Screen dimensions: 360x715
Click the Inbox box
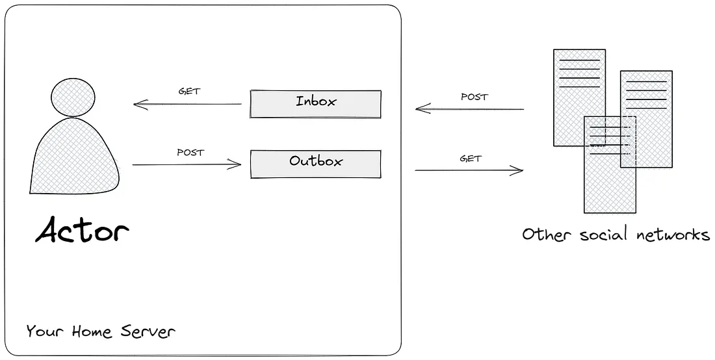(315, 104)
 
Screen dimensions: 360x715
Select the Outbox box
(315, 164)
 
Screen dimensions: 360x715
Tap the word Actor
(82, 231)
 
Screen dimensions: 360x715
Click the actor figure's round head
(73, 96)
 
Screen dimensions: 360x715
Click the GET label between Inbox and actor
(189, 92)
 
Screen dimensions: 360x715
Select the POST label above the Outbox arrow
(190, 153)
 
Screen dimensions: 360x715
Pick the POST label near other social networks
(474, 97)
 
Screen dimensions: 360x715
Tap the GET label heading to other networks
(471, 158)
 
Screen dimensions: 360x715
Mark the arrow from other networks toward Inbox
(469, 109)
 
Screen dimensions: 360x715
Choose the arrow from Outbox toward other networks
(469, 170)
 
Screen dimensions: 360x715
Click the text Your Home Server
(101, 331)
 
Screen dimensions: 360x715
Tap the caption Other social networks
(616, 234)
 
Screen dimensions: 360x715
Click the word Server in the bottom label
(148, 331)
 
